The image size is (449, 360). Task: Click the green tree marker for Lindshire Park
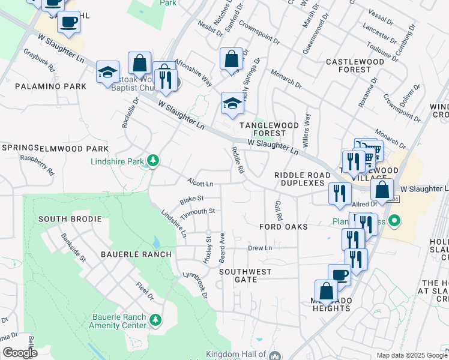[x=154, y=160]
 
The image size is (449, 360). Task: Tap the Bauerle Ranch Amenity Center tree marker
[x=155, y=319]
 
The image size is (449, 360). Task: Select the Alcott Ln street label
[x=200, y=184]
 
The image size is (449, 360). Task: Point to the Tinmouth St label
[x=197, y=211]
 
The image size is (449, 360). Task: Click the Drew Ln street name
[x=260, y=248]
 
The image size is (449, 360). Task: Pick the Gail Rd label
[x=278, y=209]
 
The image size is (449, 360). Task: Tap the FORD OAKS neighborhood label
[x=283, y=227]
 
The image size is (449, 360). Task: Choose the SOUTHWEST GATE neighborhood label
[x=245, y=276]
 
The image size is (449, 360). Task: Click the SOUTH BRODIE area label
[x=70, y=219]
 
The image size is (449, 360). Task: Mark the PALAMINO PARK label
[x=51, y=87]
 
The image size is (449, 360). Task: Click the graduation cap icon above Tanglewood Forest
[x=232, y=103]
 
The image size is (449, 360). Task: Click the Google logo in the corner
[x=20, y=353]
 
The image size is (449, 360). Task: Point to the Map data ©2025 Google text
[x=412, y=355]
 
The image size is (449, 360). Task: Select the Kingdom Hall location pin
[x=276, y=355]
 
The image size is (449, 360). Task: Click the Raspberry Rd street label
[x=37, y=166]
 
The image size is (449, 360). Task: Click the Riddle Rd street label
[x=238, y=160]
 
